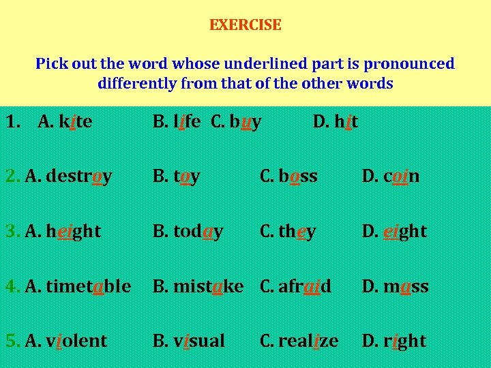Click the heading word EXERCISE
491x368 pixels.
[x=245, y=25]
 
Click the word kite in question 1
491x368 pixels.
[x=76, y=122]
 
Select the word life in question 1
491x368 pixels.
[x=186, y=122]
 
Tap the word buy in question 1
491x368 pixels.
[x=245, y=122]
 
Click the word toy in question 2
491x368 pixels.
[x=186, y=177]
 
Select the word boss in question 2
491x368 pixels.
[x=298, y=177]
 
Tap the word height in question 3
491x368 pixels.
[x=74, y=231]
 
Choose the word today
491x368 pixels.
[x=198, y=231]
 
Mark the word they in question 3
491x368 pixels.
[x=297, y=231]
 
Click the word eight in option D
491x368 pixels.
[x=404, y=231]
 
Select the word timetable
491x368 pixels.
[x=89, y=286]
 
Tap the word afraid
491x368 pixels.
[x=306, y=286]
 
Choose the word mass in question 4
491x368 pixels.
[x=406, y=286]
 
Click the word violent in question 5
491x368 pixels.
[x=76, y=340]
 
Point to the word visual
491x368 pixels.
[x=198, y=340]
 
